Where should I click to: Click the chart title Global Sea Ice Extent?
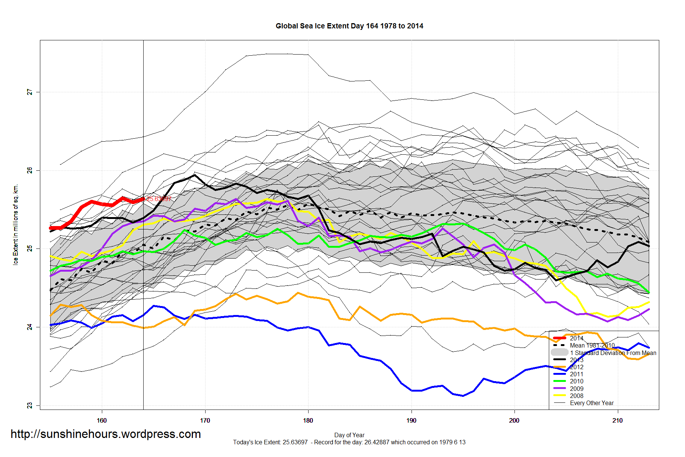coord(349,26)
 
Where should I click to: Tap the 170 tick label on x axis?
coord(205,420)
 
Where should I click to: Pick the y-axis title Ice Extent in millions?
coord(16,225)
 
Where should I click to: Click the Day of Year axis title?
coord(349,435)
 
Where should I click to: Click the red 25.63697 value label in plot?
coord(159,199)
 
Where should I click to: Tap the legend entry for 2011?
coord(576,374)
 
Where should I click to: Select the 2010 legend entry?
coord(576,381)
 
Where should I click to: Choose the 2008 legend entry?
coord(576,396)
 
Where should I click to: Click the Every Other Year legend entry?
coord(591,403)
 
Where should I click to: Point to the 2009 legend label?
coord(576,389)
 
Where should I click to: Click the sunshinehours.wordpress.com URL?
coord(106,434)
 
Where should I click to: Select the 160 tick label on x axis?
coord(101,420)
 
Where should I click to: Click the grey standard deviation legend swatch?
coord(559,352)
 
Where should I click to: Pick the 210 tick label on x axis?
coord(617,420)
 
